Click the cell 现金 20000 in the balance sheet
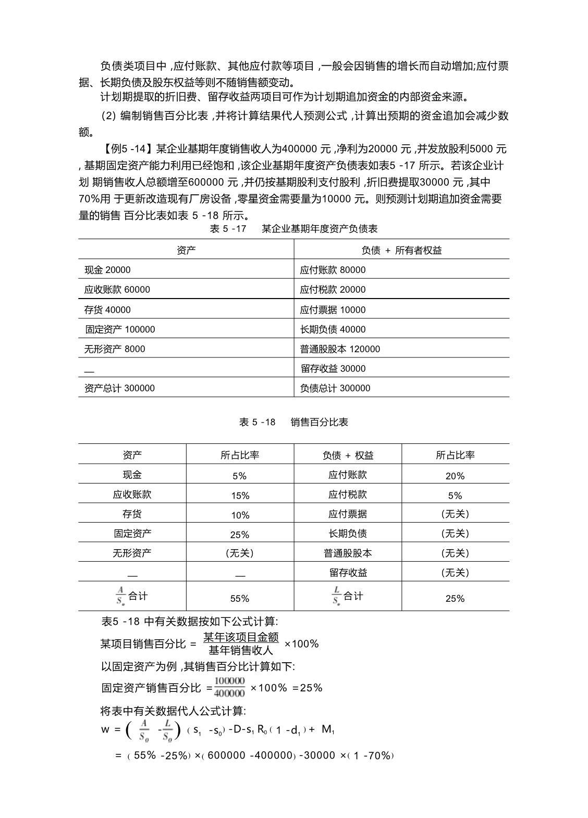point(107,270)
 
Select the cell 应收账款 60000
point(117,290)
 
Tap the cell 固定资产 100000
point(120,329)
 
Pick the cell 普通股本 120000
point(340,349)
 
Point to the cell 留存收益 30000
point(333,369)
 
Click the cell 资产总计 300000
point(119,388)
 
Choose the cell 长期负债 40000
point(333,329)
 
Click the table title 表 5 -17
point(228,229)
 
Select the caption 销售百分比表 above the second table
point(320,422)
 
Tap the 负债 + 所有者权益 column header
point(401,251)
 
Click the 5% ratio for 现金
point(240,476)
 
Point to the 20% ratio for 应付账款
point(455,476)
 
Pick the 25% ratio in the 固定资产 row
point(240,535)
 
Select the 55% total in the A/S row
point(240,599)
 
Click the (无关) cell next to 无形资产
point(240,553)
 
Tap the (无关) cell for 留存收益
point(455,573)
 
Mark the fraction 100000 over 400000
point(229,687)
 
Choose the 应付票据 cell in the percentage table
point(348,514)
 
